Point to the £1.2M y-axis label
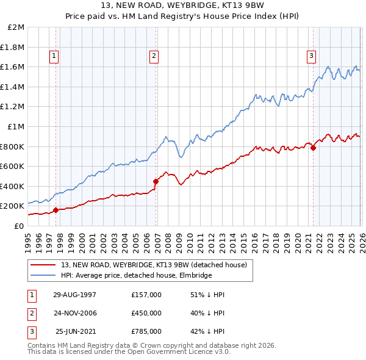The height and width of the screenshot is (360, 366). pyautogui.click(x=13, y=107)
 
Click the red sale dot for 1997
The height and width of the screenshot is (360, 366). pyautogui.click(x=56, y=210)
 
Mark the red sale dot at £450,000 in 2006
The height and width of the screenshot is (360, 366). pyautogui.click(x=156, y=181)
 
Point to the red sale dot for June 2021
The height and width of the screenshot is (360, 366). pyautogui.click(x=313, y=148)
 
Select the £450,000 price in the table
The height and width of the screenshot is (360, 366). pyautogui.click(x=146, y=313)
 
